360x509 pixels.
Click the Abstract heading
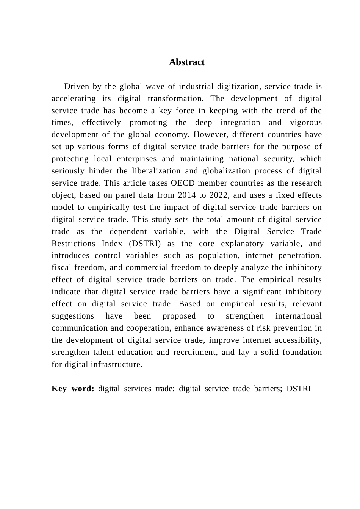187,62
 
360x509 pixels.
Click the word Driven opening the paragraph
77,86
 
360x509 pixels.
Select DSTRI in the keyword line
299,389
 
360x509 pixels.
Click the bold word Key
59,389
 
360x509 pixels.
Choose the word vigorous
306,122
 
